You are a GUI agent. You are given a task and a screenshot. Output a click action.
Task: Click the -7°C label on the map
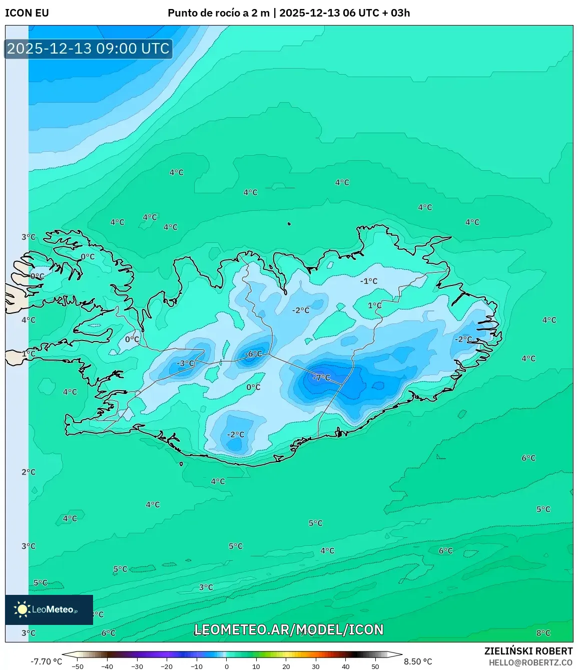(x=321, y=378)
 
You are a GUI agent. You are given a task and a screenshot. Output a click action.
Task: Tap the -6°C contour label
(x=253, y=354)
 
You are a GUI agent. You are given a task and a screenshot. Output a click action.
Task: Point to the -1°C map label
(x=369, y=281)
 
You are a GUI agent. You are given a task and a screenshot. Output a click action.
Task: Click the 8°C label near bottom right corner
(x=543, y=633)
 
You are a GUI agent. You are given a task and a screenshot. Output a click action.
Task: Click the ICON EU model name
(x=27, y=13)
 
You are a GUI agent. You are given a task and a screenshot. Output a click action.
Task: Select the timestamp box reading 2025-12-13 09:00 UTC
(x=89, y=49)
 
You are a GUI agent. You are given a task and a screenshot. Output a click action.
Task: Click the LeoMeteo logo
(x=49, y=609)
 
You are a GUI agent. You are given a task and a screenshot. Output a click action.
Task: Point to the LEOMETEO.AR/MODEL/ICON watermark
(x=289, y=629)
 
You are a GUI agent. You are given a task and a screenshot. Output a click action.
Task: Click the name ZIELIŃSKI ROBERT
(x=528, y=651)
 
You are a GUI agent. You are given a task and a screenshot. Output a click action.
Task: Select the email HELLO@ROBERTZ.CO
(x=530, y=662)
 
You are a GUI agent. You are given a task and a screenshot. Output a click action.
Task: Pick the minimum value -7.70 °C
(x=47, y=661)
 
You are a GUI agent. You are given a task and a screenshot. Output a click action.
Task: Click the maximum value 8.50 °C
(x=418, y=661)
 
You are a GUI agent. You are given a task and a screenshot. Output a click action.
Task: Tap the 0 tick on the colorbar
(x=227, y=666)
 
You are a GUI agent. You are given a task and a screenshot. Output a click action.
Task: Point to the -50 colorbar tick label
(x=78, y=666)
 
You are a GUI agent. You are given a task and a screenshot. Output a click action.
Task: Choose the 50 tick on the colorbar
(x=375, y=666)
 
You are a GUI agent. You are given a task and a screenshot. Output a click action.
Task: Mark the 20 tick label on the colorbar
(x=286, y=666)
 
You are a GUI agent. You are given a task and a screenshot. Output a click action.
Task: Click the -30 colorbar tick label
(x=137, y=666)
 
